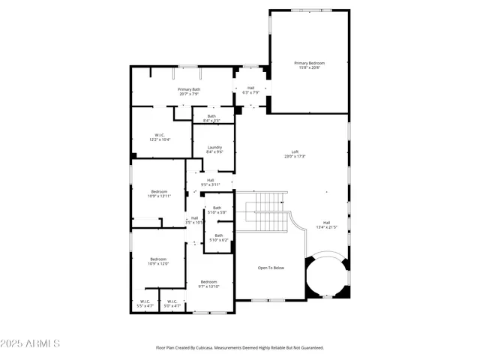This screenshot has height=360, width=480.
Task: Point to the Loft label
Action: [295, 154]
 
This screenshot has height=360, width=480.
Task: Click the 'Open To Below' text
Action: [271, 268]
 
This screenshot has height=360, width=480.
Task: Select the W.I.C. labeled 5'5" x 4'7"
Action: [145, 304]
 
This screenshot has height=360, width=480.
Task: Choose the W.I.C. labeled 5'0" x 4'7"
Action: [172, 304]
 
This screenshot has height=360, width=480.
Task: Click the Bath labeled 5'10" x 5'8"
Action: [217, 209]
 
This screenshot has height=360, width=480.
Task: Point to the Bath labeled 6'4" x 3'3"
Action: [212, 117]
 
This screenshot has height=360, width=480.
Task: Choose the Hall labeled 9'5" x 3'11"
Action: [211, 181]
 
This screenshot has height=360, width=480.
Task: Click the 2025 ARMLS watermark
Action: [31, 343]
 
